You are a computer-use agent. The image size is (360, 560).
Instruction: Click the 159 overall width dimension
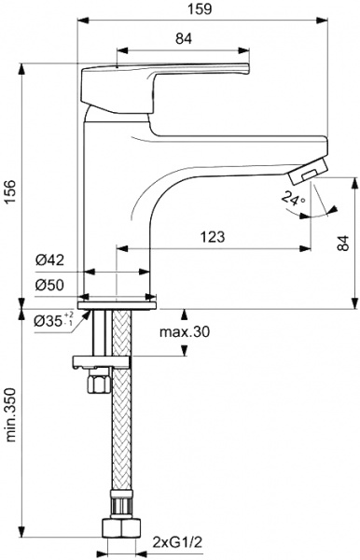[201, 9]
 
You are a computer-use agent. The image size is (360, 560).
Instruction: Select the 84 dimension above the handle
[184, 38]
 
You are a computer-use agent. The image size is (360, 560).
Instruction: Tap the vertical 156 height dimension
[11, 191]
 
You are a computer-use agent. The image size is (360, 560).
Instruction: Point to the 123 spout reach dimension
[213, 237]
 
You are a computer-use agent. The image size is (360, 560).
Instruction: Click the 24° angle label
[293, 198]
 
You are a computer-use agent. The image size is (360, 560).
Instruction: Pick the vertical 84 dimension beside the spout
[343, 244]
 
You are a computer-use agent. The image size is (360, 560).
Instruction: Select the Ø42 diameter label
[49, 260]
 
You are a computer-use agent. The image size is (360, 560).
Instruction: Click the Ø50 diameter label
[49, 285]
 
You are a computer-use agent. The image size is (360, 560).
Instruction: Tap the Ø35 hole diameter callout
[54, 320]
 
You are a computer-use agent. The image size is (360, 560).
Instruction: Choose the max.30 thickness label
[185, 332]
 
